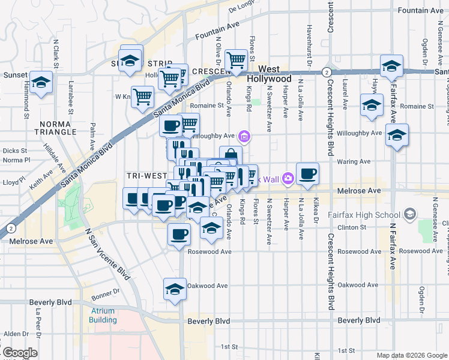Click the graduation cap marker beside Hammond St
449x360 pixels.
coord(41,83)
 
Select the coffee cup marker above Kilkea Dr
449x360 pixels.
coord(307,174)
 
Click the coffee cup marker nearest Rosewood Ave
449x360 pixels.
coord(178,234)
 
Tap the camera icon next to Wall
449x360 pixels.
coord(288,178)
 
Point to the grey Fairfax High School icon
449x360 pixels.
coord(410,214)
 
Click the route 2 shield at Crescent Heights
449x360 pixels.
coord(325,71)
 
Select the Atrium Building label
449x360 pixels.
coord(104,316)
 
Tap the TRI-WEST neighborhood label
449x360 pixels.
coord(146,175)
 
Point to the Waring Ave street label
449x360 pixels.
coord(354,161)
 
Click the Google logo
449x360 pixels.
coord(20,353)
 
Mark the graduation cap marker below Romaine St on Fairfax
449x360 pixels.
coord(397,136)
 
